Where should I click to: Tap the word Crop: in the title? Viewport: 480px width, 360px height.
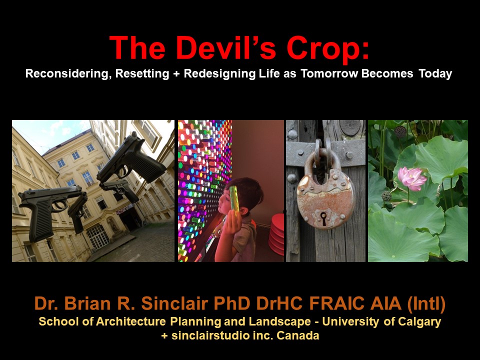coord(327,49)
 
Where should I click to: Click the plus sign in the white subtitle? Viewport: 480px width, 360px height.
coord(176,74)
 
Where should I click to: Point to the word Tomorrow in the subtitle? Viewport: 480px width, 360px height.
coord(329,74)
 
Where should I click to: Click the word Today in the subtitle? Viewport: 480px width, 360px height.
coord(435,74)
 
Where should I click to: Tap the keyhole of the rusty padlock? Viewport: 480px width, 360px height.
coord(323,218)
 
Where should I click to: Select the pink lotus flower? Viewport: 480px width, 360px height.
coord(411,178)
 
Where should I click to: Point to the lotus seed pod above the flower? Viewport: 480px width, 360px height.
coord(400,131)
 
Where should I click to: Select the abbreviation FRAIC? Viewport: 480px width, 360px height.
coord(336,303)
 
